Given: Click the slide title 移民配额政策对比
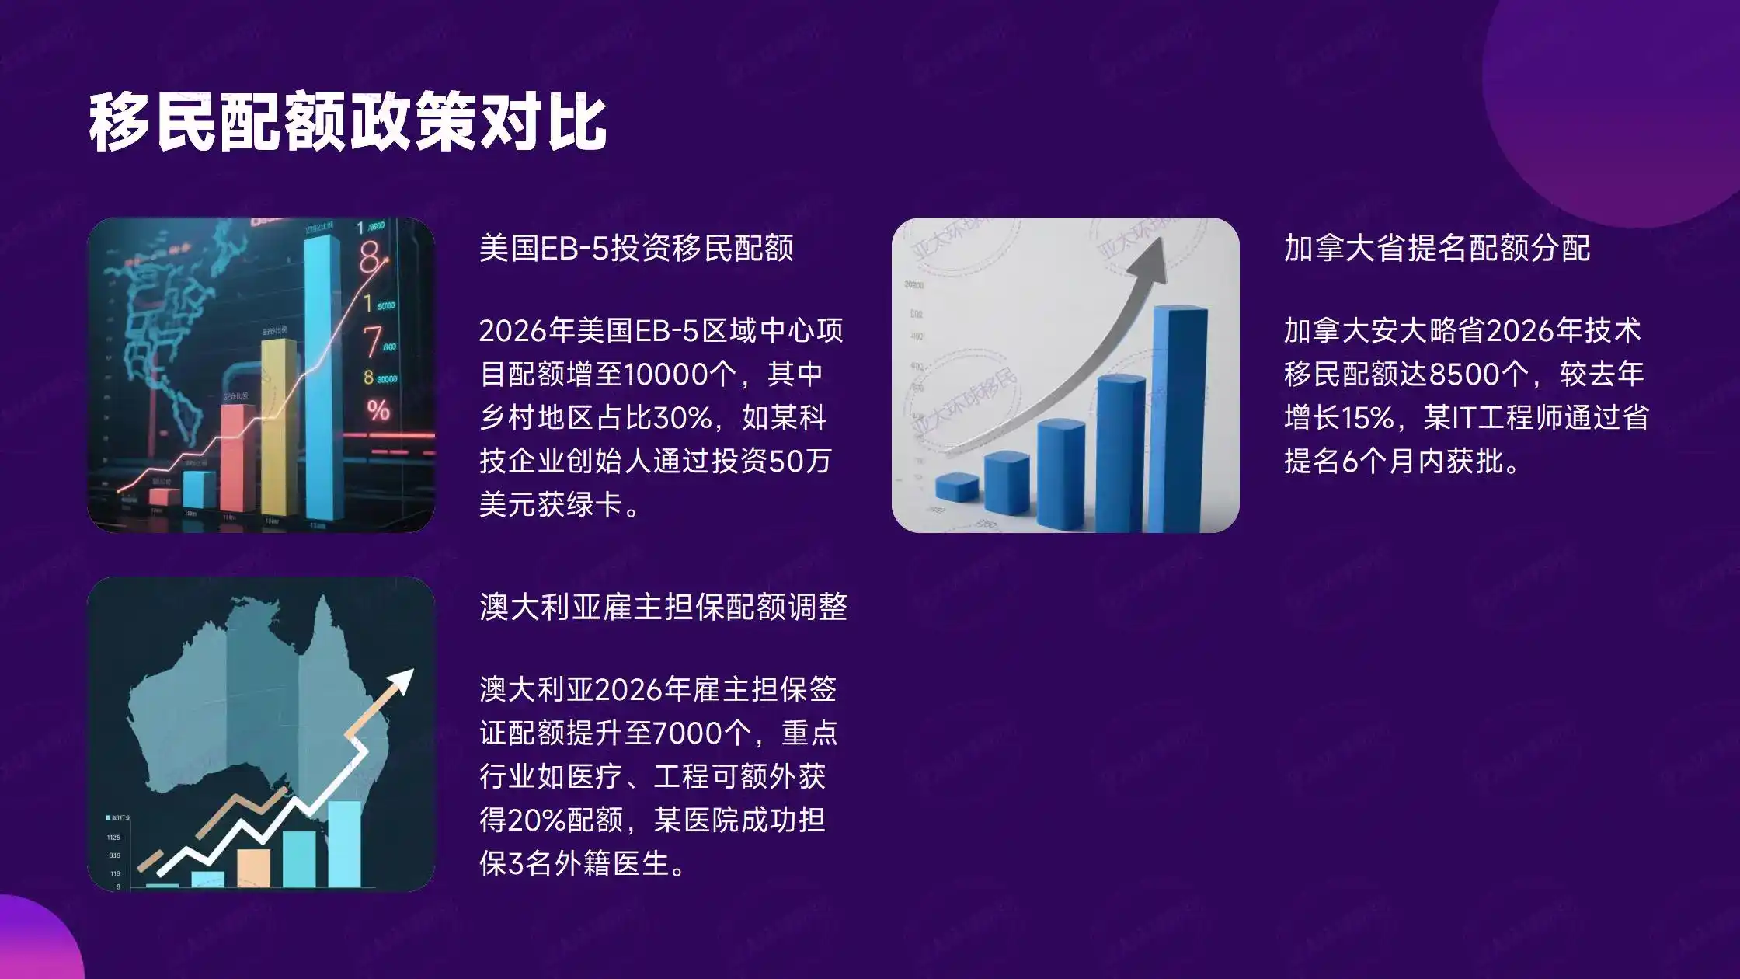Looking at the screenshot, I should click(x=347, y=123).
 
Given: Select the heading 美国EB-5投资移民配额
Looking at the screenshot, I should click(x=635, y=249).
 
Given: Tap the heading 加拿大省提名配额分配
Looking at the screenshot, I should click(x=1437, y=249).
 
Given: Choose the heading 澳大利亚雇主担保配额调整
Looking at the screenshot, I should click(x=663, y=607).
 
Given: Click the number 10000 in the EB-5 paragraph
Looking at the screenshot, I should click(x=664, y=375).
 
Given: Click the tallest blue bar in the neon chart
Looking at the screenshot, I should click(x=322, y=381).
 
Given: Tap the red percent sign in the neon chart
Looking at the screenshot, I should click(x=378, y=409).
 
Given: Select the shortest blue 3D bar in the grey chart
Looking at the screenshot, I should click(x=957, y=486).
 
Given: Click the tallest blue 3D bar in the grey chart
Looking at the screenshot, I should click(x=1180, y=420).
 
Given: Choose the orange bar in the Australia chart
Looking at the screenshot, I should click(x=253, y=867).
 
